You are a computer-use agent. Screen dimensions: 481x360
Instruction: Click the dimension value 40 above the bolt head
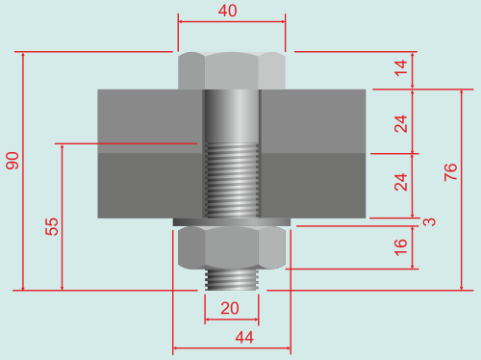pyautogui.click(x=228, y=11)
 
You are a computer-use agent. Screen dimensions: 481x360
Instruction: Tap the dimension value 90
pyautogui.click(x=13, y=161)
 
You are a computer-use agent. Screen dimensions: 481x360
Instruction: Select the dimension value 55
pyautogui.click(x=52, y=227)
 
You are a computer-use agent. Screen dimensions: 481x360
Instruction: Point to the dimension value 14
pyautogui.click(x=401, y=68)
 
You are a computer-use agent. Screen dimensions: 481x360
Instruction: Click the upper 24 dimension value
pyautogui.click(x=401, y=124)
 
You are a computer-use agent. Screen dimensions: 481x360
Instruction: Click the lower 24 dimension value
pyautogui.click(x=401, y=182)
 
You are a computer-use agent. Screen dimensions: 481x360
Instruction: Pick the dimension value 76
pyautogui.click(x=450, y=172)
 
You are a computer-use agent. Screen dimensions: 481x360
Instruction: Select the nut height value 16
pyautogui.click(x=401, y=247)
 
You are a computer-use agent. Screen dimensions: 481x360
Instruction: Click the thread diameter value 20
pyautogui.click(x=230, y=308)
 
